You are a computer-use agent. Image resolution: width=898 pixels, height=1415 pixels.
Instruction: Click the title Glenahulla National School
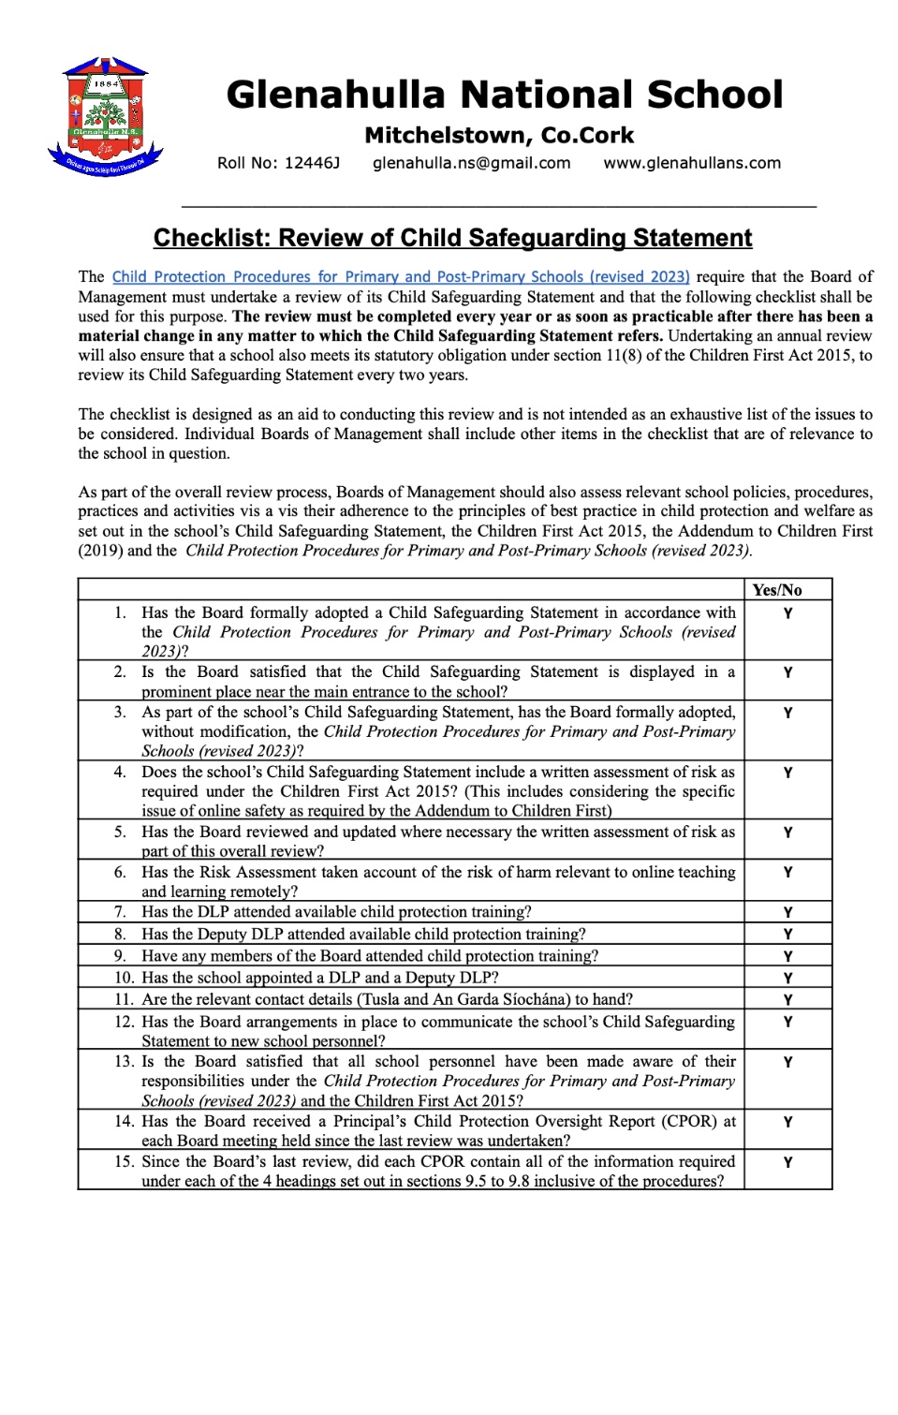[x=504, y=95]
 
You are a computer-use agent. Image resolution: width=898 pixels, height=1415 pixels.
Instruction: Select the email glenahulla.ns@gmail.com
[x=471, y=163]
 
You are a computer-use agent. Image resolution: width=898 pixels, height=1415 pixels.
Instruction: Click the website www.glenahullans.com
[x=692, y=163]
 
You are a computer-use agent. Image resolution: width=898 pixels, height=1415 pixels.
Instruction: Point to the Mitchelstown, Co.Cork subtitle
[x=499, y=136]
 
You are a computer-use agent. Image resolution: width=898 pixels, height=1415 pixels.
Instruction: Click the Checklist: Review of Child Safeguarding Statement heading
[x=452, y=238]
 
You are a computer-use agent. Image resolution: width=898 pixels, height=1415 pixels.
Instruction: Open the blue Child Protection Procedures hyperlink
[x=401, y=277]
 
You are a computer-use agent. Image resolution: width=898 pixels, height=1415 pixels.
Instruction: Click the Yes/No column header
[x=777, y=590]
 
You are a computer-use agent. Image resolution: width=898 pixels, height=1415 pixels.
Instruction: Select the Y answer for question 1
[x=788, y=613]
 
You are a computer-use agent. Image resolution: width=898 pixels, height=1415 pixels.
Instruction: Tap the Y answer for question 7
[x=788, y=912]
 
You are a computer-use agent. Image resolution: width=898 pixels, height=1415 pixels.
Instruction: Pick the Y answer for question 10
[x=788, y=978]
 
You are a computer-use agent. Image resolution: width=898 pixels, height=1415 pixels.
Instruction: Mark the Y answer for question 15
[x=788, y=1162]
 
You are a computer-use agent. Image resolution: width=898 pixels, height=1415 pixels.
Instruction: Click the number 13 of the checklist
[x=124, y=1061]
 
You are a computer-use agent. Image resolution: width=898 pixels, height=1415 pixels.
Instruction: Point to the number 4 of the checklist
[x=120, y=772]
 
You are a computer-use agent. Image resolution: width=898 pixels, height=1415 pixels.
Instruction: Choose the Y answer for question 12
[x=788, y=1023]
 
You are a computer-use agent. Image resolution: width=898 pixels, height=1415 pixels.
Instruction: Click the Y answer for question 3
[x=788, y=713]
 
